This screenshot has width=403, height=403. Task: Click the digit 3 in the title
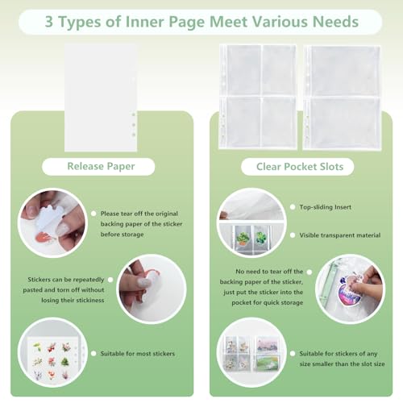pyautogui.click(x=49, y=22)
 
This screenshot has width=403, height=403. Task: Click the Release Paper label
pyautogui.click(x=101, y=166)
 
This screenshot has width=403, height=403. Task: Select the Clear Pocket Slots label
pyautogui.click(x=300, y=167)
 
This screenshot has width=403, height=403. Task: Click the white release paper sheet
pyautogui.click(x=101, y=98)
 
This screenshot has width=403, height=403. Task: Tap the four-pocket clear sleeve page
pyautogui.click(x=258, y=97)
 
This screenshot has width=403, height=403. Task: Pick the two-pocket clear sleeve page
pyautogui.click(x=342, y=98)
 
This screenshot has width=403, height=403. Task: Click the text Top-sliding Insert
pyautogui.click(x=326, y=207)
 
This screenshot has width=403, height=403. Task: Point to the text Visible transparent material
pyautogui.click(x=340, y=235)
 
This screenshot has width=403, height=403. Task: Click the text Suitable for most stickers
pyautogui.click(x=138, y=354)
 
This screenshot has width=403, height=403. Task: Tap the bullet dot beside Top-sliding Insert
pyautogui.click(x=293, y=207)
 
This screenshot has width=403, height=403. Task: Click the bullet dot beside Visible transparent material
pyautogui.click(x=293, y=235)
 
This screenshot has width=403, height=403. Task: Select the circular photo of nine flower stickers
pyautogui.click(x=52, y=352)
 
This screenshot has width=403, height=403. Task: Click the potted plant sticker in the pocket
pyautogui.click(x=243, y=238)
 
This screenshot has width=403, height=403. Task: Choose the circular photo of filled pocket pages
pyautogui.click(x=251, y=352)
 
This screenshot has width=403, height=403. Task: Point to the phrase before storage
pyautogui.click(x=122, y=235)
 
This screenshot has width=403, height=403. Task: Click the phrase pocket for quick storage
pyautogui.click(x=268, y=303)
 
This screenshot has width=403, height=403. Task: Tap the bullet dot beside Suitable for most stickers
pyautogui.click(x=93, y=353)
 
